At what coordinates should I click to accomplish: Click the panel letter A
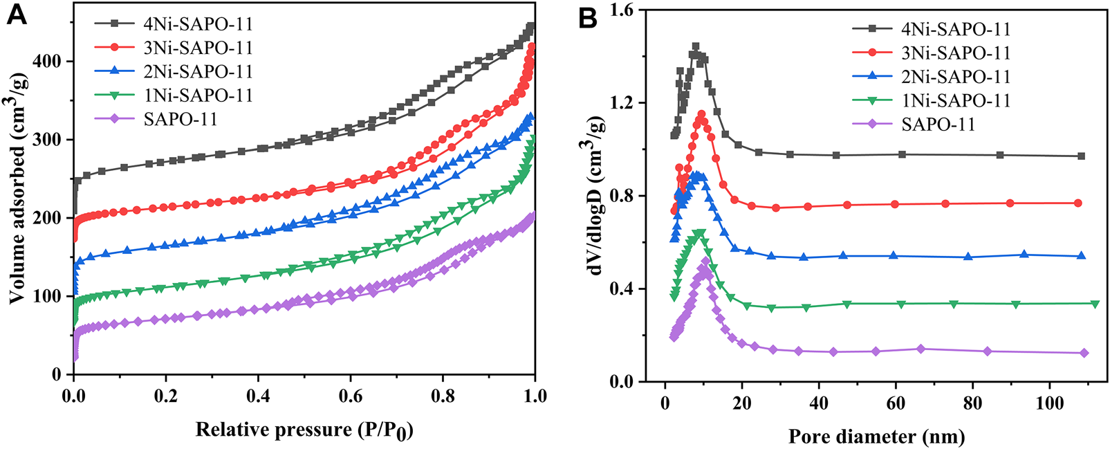(16, 15)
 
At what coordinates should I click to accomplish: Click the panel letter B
(587, 18)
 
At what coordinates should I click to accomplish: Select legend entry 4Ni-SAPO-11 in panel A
(198, 24)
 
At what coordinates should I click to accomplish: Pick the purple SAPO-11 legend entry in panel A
(180, 119)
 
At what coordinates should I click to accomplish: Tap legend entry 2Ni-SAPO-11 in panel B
(955, 77)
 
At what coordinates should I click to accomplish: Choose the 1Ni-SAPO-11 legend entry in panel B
(955, 100)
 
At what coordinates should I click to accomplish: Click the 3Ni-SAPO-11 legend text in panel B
(955, 53)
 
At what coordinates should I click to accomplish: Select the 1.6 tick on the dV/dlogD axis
(624, 10)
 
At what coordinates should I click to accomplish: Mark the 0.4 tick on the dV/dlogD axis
(624, 288)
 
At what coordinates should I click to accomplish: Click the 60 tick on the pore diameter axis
(896, 403)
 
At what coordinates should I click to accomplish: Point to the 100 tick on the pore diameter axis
(1049, 403)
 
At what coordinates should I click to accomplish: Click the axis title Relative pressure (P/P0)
(304, 430)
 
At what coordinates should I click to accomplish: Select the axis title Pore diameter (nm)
(876, 437)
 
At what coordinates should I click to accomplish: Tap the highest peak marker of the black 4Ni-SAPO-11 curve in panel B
(696, 46)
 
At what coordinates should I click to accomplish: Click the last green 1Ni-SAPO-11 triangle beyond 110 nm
(1095, 304)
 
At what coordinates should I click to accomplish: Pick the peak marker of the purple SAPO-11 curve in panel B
(705, 261)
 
